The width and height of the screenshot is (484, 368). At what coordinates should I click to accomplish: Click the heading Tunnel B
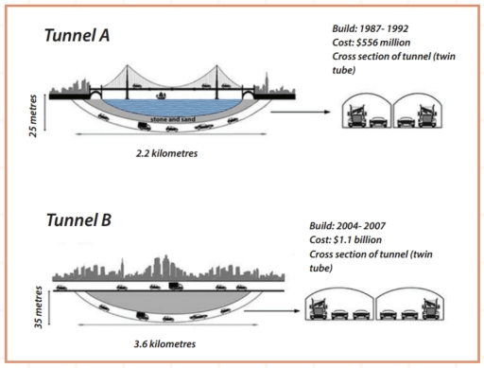coord(79,221)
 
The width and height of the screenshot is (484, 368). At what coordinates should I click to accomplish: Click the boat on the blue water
coord(162,95)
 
